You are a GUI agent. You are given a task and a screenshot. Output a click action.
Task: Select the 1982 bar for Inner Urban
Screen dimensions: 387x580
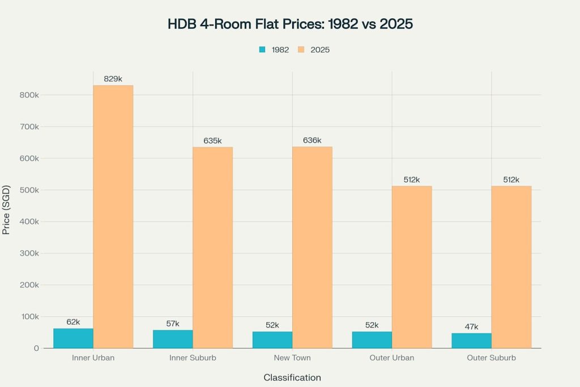74,338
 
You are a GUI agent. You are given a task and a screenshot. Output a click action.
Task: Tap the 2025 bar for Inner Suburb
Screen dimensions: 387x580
212,248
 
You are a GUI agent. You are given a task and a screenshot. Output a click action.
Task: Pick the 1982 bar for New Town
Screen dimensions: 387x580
272,339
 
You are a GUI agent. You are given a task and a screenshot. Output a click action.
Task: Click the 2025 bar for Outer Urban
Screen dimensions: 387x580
412,267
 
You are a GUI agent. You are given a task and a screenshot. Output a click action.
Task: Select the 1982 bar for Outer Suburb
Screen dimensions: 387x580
471,341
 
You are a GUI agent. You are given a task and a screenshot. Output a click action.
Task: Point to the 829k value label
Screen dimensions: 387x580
113,79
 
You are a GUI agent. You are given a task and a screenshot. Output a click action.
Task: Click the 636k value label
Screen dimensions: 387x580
312,140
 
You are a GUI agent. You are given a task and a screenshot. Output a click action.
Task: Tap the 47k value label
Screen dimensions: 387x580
471,326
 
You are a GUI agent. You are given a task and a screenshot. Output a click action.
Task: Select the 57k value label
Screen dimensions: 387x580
173,324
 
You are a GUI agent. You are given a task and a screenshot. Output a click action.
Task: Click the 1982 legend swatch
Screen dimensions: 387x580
262,50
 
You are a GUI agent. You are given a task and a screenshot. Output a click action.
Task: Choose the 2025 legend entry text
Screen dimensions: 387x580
320,50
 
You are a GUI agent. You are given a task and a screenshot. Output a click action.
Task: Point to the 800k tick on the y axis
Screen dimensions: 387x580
28,95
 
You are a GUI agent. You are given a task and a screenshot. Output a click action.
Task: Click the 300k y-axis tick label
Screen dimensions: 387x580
28,253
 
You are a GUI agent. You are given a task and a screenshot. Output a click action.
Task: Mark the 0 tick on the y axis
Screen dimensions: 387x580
36,348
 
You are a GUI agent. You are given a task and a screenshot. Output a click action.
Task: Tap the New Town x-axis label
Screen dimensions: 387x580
292,358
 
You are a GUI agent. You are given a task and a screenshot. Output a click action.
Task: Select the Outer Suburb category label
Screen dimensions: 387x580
491,358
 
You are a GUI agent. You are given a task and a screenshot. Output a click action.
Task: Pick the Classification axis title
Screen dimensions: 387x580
292,377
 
